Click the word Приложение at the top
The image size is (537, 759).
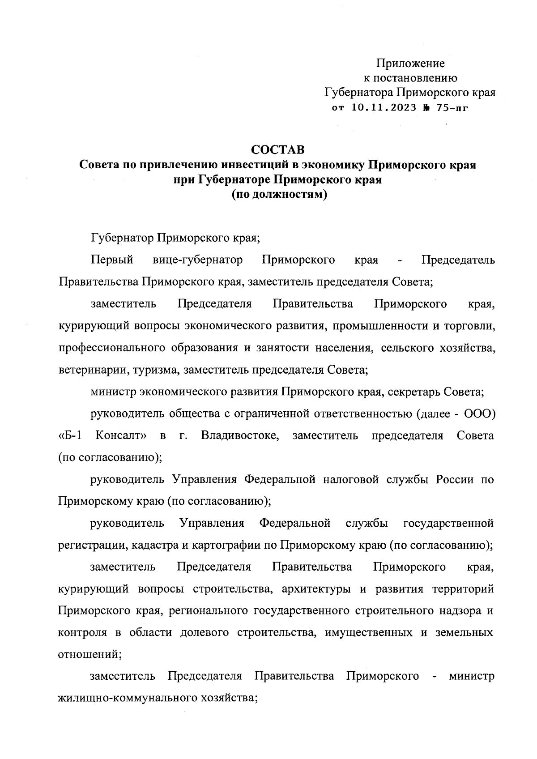pyautogui.click(x=410, y=63)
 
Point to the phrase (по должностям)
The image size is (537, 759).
pyautogui.click(x=277, y=195)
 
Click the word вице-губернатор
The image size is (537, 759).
pyautogui.click(x=197, y=260)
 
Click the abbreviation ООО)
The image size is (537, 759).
pyautogui.click(x=479, y=414)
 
